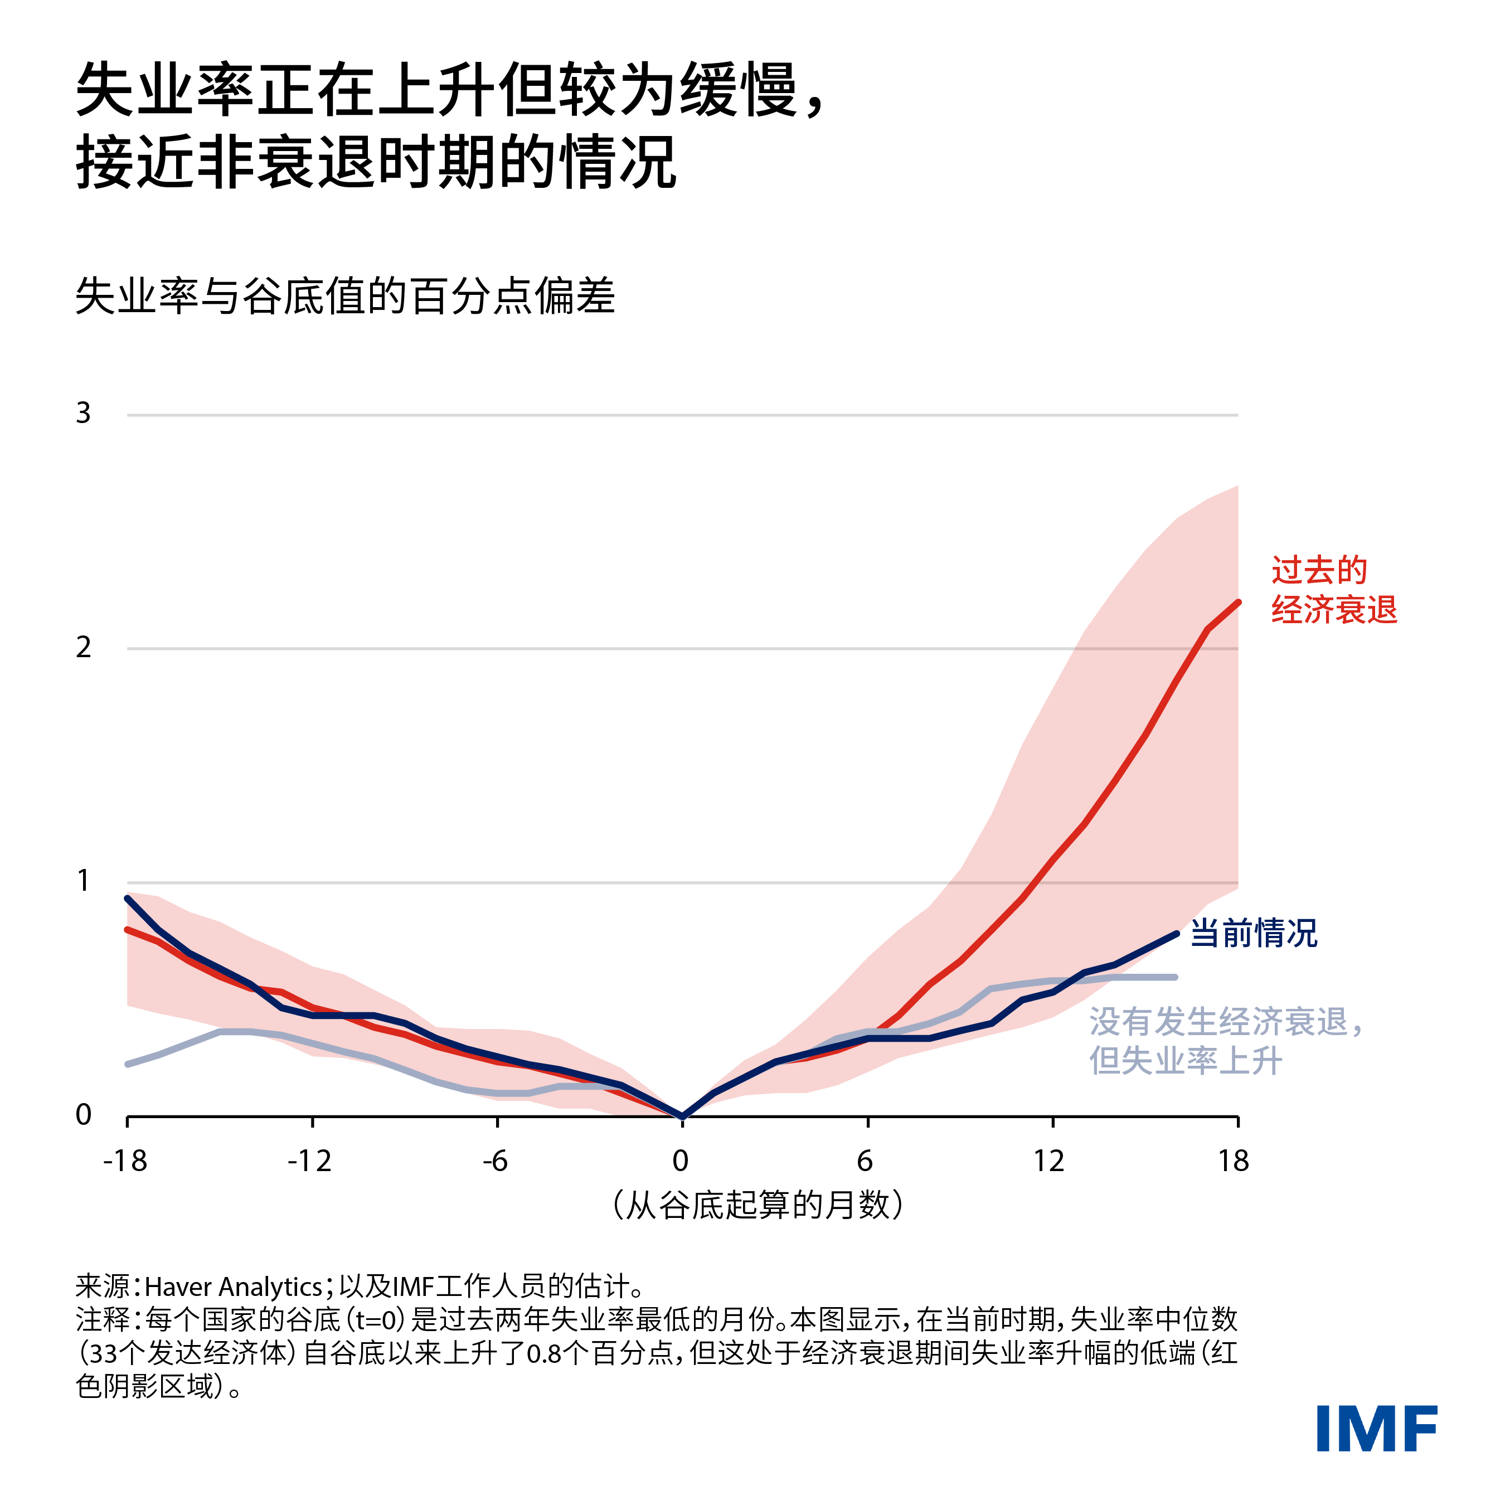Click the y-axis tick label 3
[84, 412]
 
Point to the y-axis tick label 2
[84, 647]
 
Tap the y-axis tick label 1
[84, 881]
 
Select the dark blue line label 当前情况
[1253, 933]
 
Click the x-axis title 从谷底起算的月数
[758, 1205]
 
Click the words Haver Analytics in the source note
[233, 1286]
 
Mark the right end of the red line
[1238, 603]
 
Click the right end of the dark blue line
[1176, 934]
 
